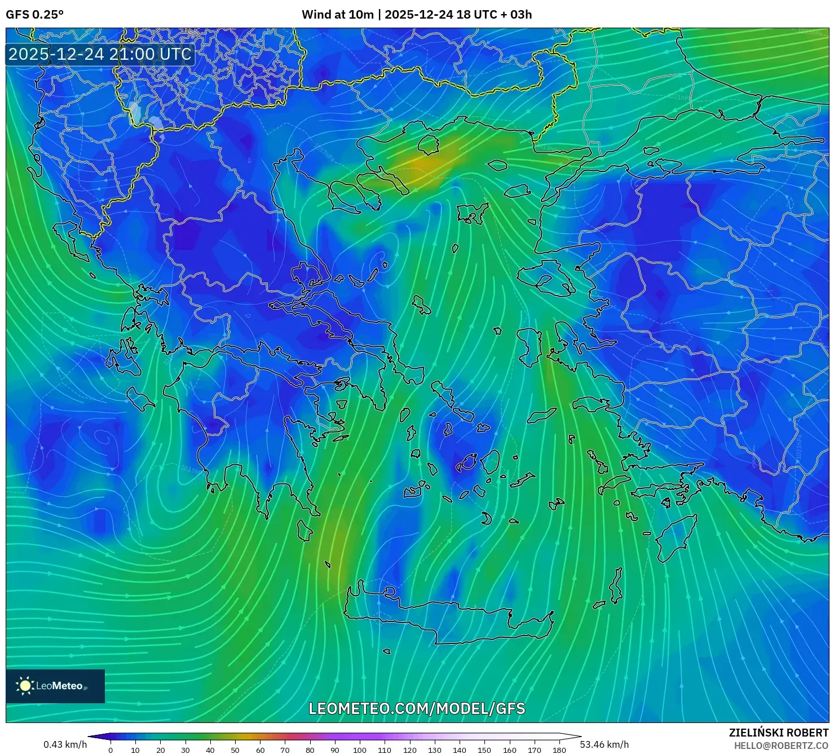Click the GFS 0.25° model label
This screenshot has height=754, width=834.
34,15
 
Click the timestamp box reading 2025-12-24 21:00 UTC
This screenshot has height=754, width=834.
100,54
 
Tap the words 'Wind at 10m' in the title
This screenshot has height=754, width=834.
337,15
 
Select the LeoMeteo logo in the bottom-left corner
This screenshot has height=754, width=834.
55,686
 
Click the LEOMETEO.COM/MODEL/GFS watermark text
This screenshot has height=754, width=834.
417,708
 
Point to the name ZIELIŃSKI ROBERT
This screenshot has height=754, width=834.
778,733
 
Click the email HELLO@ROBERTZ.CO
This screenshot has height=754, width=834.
780,746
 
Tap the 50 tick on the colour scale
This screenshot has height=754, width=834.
235,750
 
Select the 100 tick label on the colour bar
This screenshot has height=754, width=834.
359,750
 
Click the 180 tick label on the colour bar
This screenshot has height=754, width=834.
559,750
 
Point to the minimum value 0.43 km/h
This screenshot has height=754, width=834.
65,744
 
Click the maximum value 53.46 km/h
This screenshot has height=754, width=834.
604,744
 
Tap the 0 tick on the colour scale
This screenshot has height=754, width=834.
111,750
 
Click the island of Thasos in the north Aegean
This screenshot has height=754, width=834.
428,144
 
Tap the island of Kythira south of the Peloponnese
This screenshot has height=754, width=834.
305,531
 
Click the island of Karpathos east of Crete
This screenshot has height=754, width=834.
616,587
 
